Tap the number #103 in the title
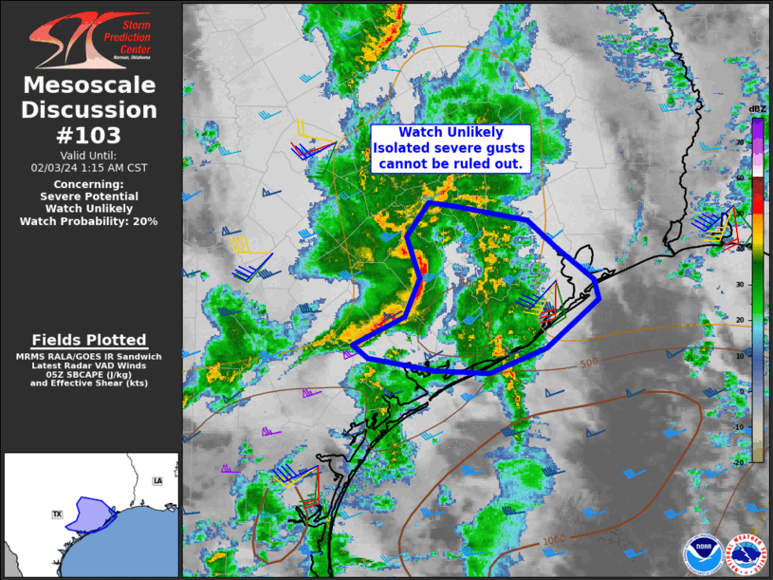(x=89, y=135)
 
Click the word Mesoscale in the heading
(x=89, y=86)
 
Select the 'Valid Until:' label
(x=89, y=155)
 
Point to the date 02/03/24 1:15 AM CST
(x=89, y=167)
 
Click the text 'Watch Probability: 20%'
(x=89, y=220)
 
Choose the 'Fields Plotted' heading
(x=89, y=340)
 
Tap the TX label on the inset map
(x=57, y=515)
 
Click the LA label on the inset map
(x=157, y=481)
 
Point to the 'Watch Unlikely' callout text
(x=450, y=134)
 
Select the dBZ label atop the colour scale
(x=757, y=109)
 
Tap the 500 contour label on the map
(x=589, y=364)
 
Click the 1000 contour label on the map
(x=554, y=540)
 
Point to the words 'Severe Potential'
(x=89, y=196)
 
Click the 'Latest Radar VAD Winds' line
(x=89, y=365)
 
